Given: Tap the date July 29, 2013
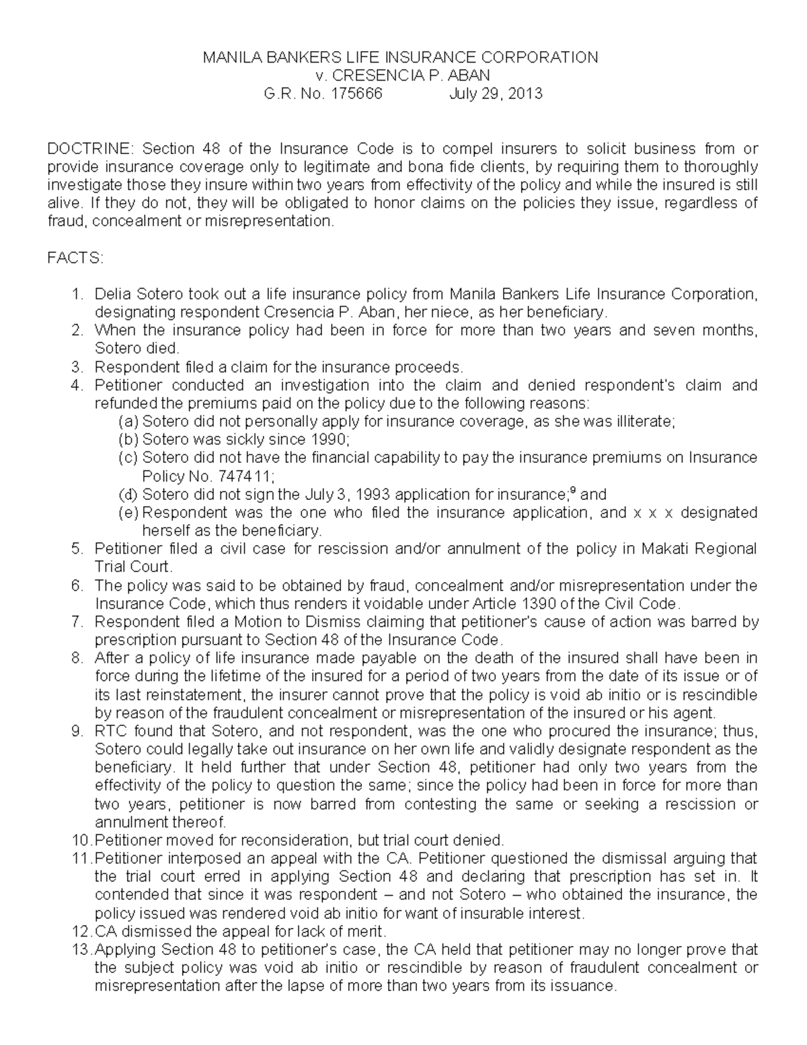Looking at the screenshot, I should pyautogui.click(x=496, y=94).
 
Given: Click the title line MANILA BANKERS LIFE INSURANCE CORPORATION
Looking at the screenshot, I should pyautogui.click(x=400, y=57).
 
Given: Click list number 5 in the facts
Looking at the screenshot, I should pyautogui.click(x=77, y=549).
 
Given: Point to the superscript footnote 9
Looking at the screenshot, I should pyautogui.click(x=572, y=491).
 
